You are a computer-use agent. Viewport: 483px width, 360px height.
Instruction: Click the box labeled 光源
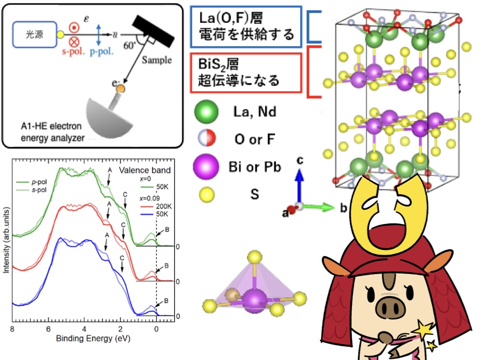(36, 34)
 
